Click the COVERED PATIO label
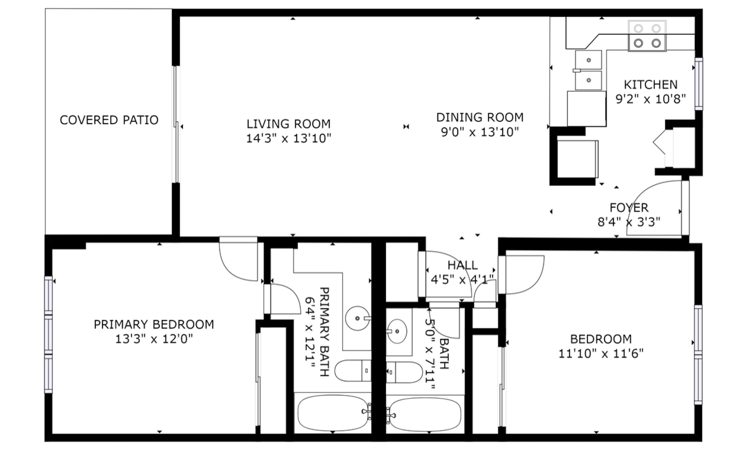pos(109,120)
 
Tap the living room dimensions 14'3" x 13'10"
pos(288,139)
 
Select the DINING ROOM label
pos(480,117)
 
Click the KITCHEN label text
pos(650,85)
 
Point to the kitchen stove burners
pos(647,36)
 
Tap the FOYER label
pos(629,208)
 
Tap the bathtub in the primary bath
pos(332,413)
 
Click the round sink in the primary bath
pos(357,318)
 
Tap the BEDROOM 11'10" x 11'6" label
pos(601,346)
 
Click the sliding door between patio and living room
pos(176,124)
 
